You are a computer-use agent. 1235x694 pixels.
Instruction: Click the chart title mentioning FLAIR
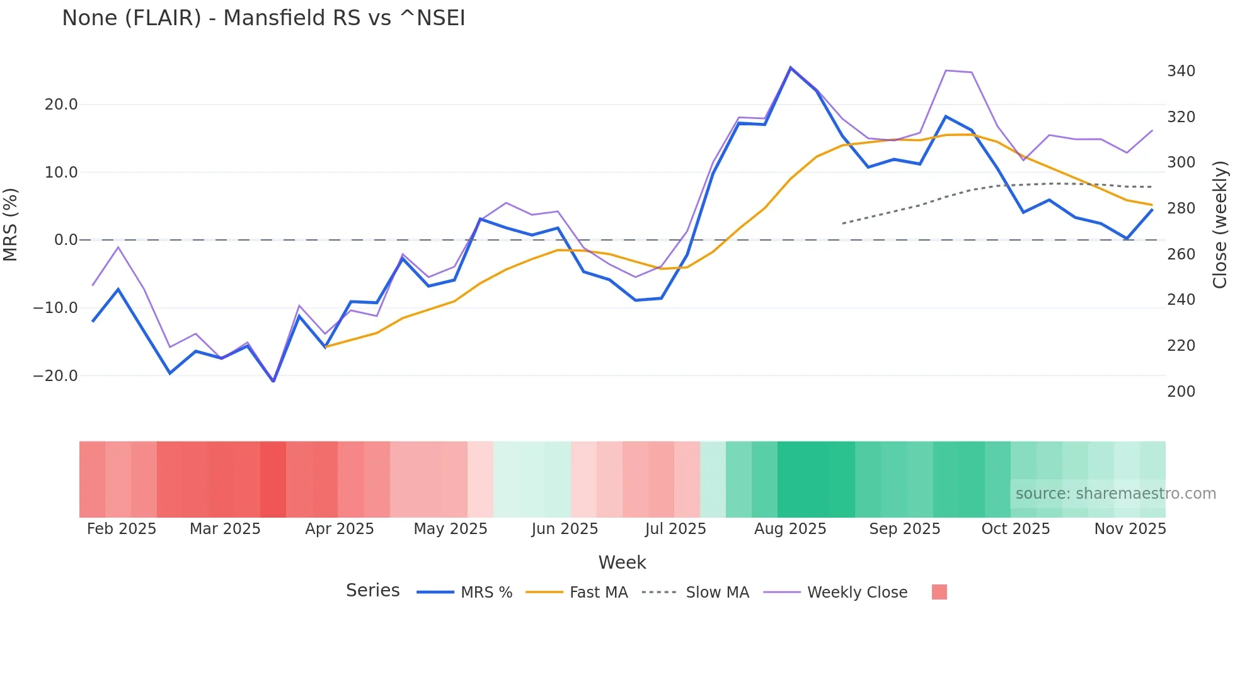(x=263, y=18)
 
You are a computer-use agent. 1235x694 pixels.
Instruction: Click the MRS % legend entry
(x=486, y=593)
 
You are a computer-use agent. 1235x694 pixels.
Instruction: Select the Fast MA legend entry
(x=598, y=593)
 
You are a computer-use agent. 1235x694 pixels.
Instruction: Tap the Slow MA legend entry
(x=717, y=593)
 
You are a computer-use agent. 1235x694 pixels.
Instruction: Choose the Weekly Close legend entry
(x=857, y=593)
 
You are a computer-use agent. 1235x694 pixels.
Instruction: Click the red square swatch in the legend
(x=939, y=592)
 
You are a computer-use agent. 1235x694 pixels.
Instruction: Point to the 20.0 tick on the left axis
(x=61, y=105)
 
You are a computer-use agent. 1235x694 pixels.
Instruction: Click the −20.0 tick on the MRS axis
(x=55, y=376)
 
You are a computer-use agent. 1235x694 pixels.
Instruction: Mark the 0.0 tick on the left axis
(x=66, y=240)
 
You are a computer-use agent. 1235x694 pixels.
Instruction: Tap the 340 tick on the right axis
(x=1181, y=71)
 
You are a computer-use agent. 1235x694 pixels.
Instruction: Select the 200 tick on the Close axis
(x=1181, y=392)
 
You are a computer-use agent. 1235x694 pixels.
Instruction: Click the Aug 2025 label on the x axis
(x=790, y=529)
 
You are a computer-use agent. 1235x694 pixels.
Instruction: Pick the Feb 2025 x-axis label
(x=122, y=529)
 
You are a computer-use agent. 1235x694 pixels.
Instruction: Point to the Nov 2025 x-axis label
(x=1130, y=529)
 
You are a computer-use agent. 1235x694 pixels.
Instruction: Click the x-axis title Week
(x=622, y=562)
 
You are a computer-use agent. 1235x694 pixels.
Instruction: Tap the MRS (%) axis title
(x=11, y=224)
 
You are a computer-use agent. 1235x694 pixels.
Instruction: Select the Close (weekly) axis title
(x=1221, y=225)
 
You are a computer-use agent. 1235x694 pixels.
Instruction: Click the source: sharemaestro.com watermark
(x=1115, y=494)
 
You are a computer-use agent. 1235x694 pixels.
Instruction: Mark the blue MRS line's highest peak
(x=790, y=67)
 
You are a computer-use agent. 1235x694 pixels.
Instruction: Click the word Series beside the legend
(x=372, y=591)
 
